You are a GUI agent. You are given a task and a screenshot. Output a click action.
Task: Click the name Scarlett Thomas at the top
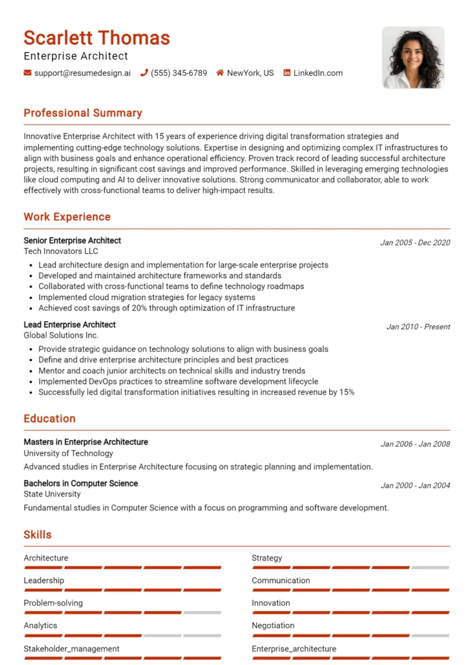pyautogui.click(x=97, y=38)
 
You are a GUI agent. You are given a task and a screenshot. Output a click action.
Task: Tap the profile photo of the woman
pyautogui.click(x=413, y=58)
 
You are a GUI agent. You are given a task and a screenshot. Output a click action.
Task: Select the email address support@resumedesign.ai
pyautogui.click(x=82, y=73)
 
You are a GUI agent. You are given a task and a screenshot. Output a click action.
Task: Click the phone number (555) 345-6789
pyautogui.click(x=179, y=73)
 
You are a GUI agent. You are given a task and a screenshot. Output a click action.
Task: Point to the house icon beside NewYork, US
pyautogui.click(x=220, y=73)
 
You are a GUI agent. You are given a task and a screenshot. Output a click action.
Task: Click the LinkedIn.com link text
pyautogui.click(x=318, y=73)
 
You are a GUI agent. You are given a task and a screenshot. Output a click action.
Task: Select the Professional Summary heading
pyautogui.click(x=82, y=113)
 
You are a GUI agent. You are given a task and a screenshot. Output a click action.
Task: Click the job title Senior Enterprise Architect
pyautogui.click(x=72, y=241)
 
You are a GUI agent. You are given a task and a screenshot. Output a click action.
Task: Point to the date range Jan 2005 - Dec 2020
pyautogui.click(x=415, y=243)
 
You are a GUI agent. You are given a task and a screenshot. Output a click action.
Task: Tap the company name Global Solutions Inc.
pyautogui.click(x=61, y=335)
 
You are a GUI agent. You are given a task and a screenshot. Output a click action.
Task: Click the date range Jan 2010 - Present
pyautogui.click(x=418, y=327)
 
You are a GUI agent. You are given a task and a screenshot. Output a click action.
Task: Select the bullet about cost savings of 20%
pyautogui.click(x=166, y=308)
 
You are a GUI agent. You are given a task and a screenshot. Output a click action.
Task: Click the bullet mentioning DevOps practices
pyautogui.click(x=178, y=381)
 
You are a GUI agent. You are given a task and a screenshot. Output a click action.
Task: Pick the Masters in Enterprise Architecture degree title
pyautogui.click(x=86, y=442)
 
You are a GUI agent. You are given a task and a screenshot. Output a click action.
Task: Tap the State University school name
pyautogui.click(x=52, y=494)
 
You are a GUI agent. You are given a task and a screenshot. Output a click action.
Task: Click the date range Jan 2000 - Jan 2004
pyautogui.click(x=415, y=486)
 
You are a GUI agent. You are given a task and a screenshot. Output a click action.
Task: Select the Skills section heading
pyautogui.click(x=38, y=535)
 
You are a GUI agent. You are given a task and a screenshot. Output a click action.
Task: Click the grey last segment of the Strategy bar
pyautogui.click(x=430, y=568)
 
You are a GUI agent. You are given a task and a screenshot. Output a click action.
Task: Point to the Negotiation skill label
pyautogui.click(x=273, y=626)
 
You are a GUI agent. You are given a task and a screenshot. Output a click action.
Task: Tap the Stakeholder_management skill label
pyautogui.click(x=71, y=649)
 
